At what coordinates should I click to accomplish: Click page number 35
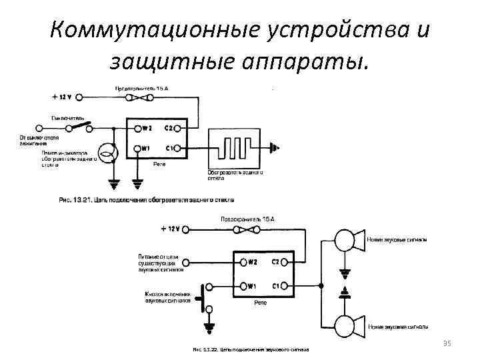[447, 343]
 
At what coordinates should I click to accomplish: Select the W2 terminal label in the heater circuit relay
[146, 129]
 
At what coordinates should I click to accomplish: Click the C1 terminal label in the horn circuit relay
[275, 286]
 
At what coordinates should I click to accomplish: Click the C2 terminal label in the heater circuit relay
[169, 129]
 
